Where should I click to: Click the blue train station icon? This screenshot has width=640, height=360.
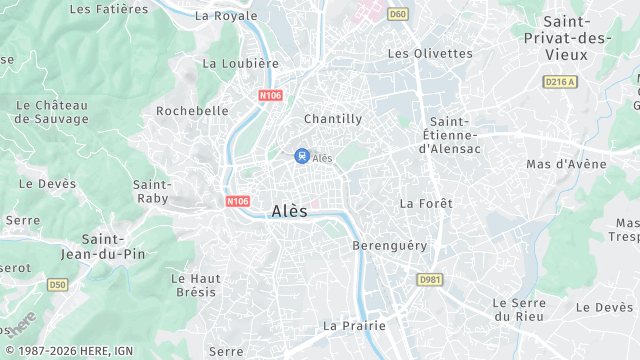pos(301,155)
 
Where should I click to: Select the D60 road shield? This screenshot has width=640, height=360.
pos(398,14)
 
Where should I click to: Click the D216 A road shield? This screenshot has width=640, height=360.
pos(560,81)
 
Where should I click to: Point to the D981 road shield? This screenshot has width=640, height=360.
pos(430,279)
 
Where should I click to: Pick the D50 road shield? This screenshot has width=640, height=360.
pos(56,285)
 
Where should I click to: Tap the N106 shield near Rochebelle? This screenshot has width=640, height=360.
pos(271,96)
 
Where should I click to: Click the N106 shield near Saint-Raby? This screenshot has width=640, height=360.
pos(237,201)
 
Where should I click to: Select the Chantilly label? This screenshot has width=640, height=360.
pos(332,118)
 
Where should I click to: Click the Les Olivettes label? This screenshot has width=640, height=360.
pos(429,53)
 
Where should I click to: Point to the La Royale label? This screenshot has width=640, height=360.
pos(226,16)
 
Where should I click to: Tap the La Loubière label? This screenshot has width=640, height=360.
pos(240,63)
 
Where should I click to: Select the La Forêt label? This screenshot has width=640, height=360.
pos(426,203)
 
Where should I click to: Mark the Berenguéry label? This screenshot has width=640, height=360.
pos(390,245)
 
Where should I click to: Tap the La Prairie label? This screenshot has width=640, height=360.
pos(351,326)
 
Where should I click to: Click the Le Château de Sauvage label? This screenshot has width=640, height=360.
pos(53,112)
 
